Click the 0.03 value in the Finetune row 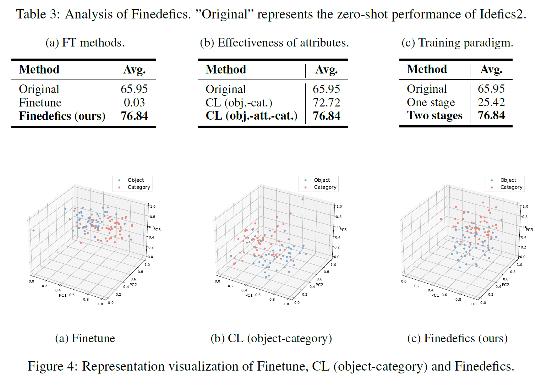point(134,103)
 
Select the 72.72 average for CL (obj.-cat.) point(326,103)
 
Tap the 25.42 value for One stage point(491,102)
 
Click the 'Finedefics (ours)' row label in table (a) point(62,116)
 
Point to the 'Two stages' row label point(435,115)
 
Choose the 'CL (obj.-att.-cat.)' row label point(251,116)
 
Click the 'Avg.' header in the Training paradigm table point(491,69)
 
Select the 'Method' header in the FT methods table point(39,70)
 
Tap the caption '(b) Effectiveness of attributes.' point(274,43)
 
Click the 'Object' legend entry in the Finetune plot point(136,180)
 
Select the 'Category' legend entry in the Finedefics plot point(511,187)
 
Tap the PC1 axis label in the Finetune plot point(62,295)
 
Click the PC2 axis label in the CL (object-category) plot point(319,285)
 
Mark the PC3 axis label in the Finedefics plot point(529,230)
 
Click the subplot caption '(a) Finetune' point(85,338)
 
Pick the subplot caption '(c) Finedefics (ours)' point(457,338)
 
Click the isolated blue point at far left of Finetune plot point(33,230)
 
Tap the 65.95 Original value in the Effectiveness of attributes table point(326,89)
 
